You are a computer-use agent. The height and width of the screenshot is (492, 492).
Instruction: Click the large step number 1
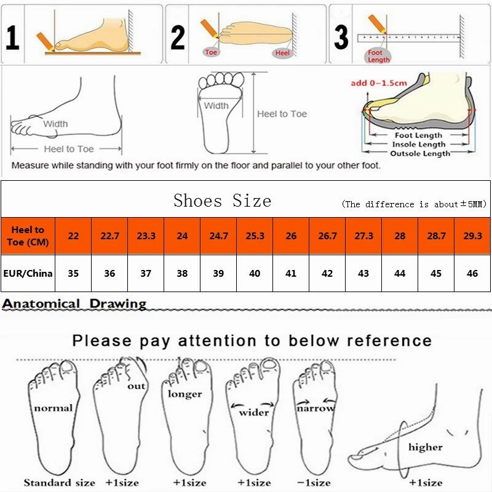click(13, 36)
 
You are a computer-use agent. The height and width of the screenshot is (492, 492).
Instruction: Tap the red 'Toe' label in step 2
click(212, 52)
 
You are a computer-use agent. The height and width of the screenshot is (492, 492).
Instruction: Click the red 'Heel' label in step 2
click(282, 54)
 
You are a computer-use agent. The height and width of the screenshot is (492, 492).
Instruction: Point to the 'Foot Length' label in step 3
click(378, 56)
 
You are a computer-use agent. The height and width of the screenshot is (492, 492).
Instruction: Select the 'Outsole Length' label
click(420, 153)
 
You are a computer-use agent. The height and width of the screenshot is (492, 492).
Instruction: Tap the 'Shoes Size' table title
click(222, 200)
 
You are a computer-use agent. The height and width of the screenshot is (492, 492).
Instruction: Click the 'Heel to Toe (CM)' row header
click(28, 236)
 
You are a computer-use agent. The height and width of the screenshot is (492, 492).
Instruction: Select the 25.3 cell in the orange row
click(255, 236)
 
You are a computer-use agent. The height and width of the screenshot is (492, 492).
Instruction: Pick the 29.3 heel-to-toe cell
click(472, 236)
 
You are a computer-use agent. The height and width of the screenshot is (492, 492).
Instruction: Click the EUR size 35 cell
click(73, 273)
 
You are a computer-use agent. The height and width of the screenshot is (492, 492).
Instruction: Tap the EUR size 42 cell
click(327, 273)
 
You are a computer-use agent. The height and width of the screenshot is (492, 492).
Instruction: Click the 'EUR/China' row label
click(28, 273)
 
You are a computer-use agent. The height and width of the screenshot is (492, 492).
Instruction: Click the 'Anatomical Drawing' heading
click(74, 303)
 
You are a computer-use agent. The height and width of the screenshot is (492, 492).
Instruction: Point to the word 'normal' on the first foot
click(53, 407)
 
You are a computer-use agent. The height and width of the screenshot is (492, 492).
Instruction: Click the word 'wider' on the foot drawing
click(253, 413)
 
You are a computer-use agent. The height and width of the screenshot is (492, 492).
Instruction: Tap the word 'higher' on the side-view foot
click(425, 447)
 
